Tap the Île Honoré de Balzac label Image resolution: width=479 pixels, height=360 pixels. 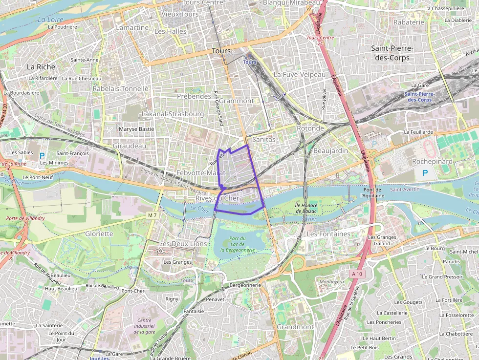pos(306,208)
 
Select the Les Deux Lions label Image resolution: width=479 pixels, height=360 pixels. pos(183,243)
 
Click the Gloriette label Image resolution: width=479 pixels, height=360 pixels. pos(99,233)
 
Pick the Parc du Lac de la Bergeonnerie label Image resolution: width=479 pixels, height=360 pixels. pos(238,244)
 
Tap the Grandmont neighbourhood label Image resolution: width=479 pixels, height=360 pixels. pos(295,326)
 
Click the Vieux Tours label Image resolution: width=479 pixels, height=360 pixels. pos(180,14)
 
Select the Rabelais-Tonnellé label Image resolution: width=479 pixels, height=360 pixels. pos(120,88)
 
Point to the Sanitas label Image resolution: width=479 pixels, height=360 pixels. pos(264,139)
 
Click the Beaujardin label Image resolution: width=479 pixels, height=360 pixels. pos(330,150)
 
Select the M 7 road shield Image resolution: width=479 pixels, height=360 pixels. pos(152,215)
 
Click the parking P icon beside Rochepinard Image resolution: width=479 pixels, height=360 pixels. pos(425,172)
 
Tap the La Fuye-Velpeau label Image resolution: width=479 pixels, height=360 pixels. pos(299,74)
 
